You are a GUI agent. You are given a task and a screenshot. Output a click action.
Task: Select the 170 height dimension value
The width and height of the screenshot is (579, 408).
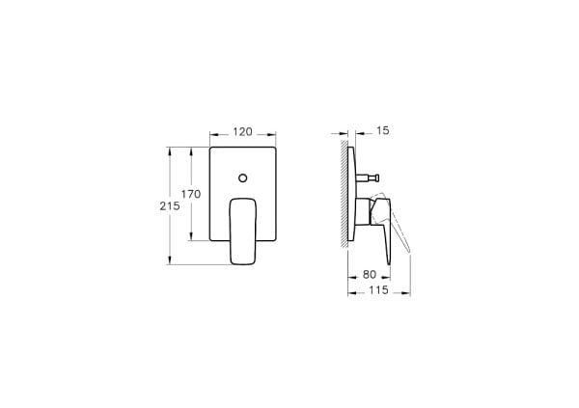coord(191,194)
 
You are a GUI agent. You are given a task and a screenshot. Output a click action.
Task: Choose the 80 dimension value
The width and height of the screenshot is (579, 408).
coord(370,274)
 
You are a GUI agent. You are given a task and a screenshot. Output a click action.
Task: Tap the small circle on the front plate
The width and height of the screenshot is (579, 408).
coord(242,177)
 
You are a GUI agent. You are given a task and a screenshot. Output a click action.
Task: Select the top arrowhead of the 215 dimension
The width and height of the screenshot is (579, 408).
coord(171,150)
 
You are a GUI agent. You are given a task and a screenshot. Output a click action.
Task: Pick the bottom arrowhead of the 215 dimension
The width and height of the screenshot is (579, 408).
coord(171,260)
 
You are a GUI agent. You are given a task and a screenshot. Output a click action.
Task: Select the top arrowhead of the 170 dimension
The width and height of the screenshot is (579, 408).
coord(205,150)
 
